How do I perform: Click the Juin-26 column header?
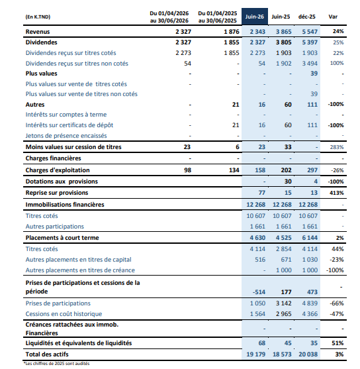click(x=254, y=17)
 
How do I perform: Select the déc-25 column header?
click(x=306, y=17)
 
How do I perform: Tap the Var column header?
click(x=333, y=17)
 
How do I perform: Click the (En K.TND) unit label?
click(x=38, y=17)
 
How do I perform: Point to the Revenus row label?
click(x=38, y=32)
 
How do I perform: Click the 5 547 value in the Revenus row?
click(x=310, y=32)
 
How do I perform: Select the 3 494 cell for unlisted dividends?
click(x=310, y=64)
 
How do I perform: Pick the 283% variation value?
click(x=337, y=147)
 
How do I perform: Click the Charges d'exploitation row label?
click(x=58, y=170)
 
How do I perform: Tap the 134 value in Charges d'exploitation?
click(x=234, y=170)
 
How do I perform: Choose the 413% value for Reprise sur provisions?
click(x=337, y=193)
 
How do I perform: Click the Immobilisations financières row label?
click(x=65, y=205)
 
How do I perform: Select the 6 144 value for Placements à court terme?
click(x=310, y=238)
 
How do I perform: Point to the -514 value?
click(x=259, y=292)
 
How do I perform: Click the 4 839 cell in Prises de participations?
click(x=310, y=303)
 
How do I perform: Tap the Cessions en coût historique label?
click(x=64, y=314)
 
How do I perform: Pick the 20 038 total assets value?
click(x=308, y=354)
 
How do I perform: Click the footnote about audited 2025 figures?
click(x=56, y=363)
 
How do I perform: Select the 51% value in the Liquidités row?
click(x=337, y=343)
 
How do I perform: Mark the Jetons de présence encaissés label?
click(x=66, y=136)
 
